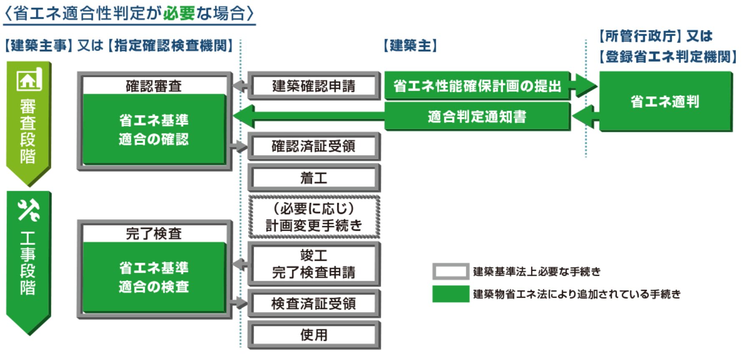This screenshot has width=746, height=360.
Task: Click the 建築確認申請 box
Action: (314, 86)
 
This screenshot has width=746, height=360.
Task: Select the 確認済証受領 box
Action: (314, 146)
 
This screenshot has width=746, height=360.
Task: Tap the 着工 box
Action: (314, 178)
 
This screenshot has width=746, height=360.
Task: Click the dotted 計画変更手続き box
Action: (314, 217)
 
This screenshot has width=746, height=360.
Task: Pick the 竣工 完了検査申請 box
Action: (314, 264)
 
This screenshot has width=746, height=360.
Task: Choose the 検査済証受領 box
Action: (314, 303)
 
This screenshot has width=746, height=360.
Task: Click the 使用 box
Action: (314, 335)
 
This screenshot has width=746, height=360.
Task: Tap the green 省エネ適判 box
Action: (665, 101)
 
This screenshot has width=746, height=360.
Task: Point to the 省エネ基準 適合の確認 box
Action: (154, 129)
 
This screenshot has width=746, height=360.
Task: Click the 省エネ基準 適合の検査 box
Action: (154, 277)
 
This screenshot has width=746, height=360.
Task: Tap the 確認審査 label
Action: (154, 86)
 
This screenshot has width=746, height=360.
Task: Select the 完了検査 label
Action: (154, 234)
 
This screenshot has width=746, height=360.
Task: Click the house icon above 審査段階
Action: (29, 79)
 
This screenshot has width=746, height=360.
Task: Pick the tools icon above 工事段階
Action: (28, 210)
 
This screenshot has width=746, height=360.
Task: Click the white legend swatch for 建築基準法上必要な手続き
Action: (451, 272)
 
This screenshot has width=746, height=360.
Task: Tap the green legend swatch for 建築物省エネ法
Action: (451, 294)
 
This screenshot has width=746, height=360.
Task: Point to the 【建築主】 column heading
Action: (410, 45)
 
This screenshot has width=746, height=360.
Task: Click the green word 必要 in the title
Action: (179, 13)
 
